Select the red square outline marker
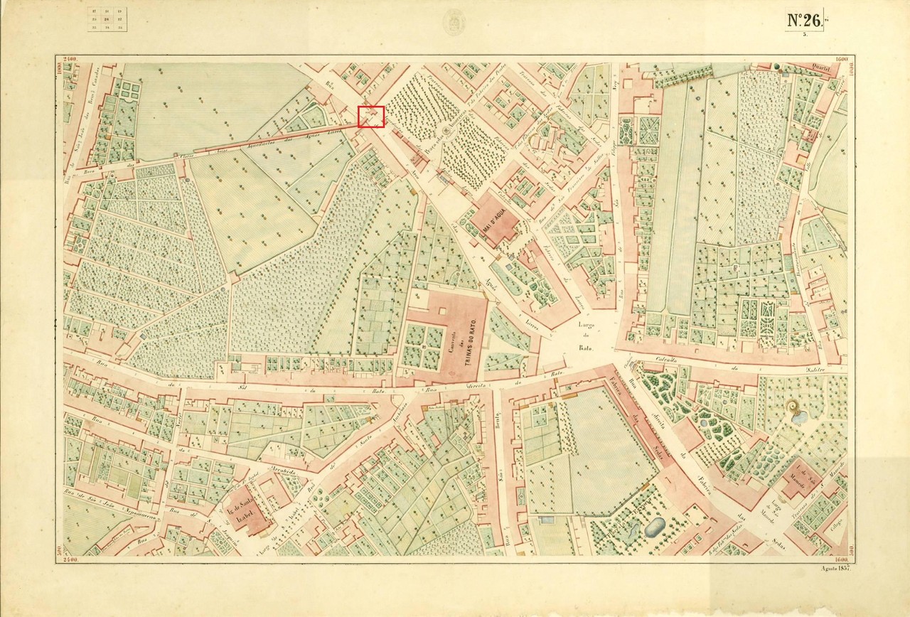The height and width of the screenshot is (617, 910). [371, 117]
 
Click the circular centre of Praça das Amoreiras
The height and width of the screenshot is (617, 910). [446, 130]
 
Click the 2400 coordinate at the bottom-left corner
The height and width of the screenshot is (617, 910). [71, 561]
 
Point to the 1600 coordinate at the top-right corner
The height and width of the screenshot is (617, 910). [843, 59]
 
